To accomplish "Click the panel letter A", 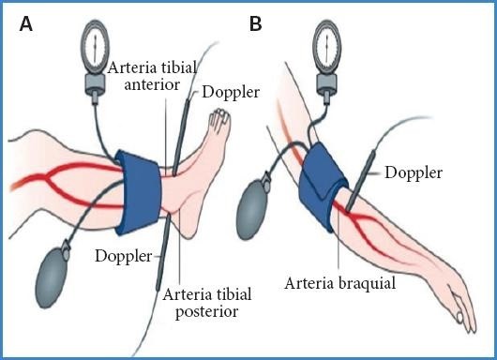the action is (x=26, y=23).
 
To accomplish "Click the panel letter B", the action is (x=255, y=23).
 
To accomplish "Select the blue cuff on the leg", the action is (x=139, y=193).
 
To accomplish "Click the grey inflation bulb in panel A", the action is (x=52, y=276).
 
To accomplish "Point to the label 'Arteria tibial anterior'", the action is (x=152, y=76).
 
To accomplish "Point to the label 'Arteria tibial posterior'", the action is (x=207, y=303).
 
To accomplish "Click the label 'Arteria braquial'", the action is (x=340, y=283).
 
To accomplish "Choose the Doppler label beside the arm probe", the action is (x=414, y=172).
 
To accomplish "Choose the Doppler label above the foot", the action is (x=231, y=92).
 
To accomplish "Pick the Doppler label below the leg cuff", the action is (x=124, y=256).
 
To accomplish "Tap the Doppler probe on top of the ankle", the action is (x=181, y=137).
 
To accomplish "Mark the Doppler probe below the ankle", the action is (x=163, y=252).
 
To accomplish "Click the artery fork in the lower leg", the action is (x=48, y=176).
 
